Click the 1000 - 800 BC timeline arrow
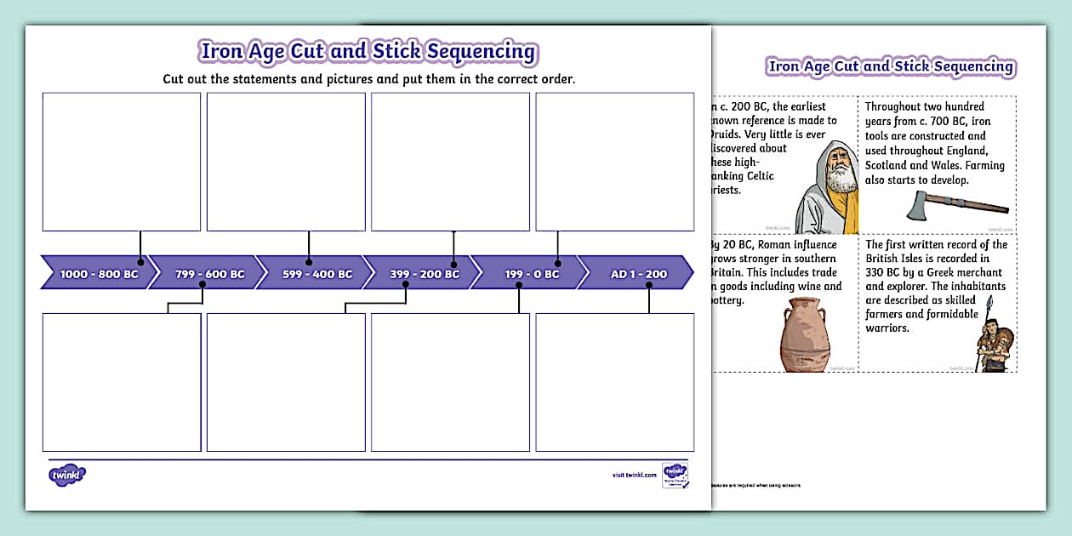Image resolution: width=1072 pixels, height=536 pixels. [96, 274]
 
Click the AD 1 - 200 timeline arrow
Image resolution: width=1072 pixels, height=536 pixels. [638, 274]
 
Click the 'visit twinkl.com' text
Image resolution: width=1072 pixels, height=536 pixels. [634, 475]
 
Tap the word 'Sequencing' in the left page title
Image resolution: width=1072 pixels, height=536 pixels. [481, 51]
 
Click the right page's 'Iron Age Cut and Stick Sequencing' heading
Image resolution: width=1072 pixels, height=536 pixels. [890, 66]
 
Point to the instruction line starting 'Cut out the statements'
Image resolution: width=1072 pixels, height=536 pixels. [368, 78]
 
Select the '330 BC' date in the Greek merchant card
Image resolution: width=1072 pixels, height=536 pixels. [881, 272]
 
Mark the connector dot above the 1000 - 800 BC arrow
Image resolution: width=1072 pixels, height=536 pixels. [140, 262]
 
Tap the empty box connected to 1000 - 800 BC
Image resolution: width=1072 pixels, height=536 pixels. [122, 162]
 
